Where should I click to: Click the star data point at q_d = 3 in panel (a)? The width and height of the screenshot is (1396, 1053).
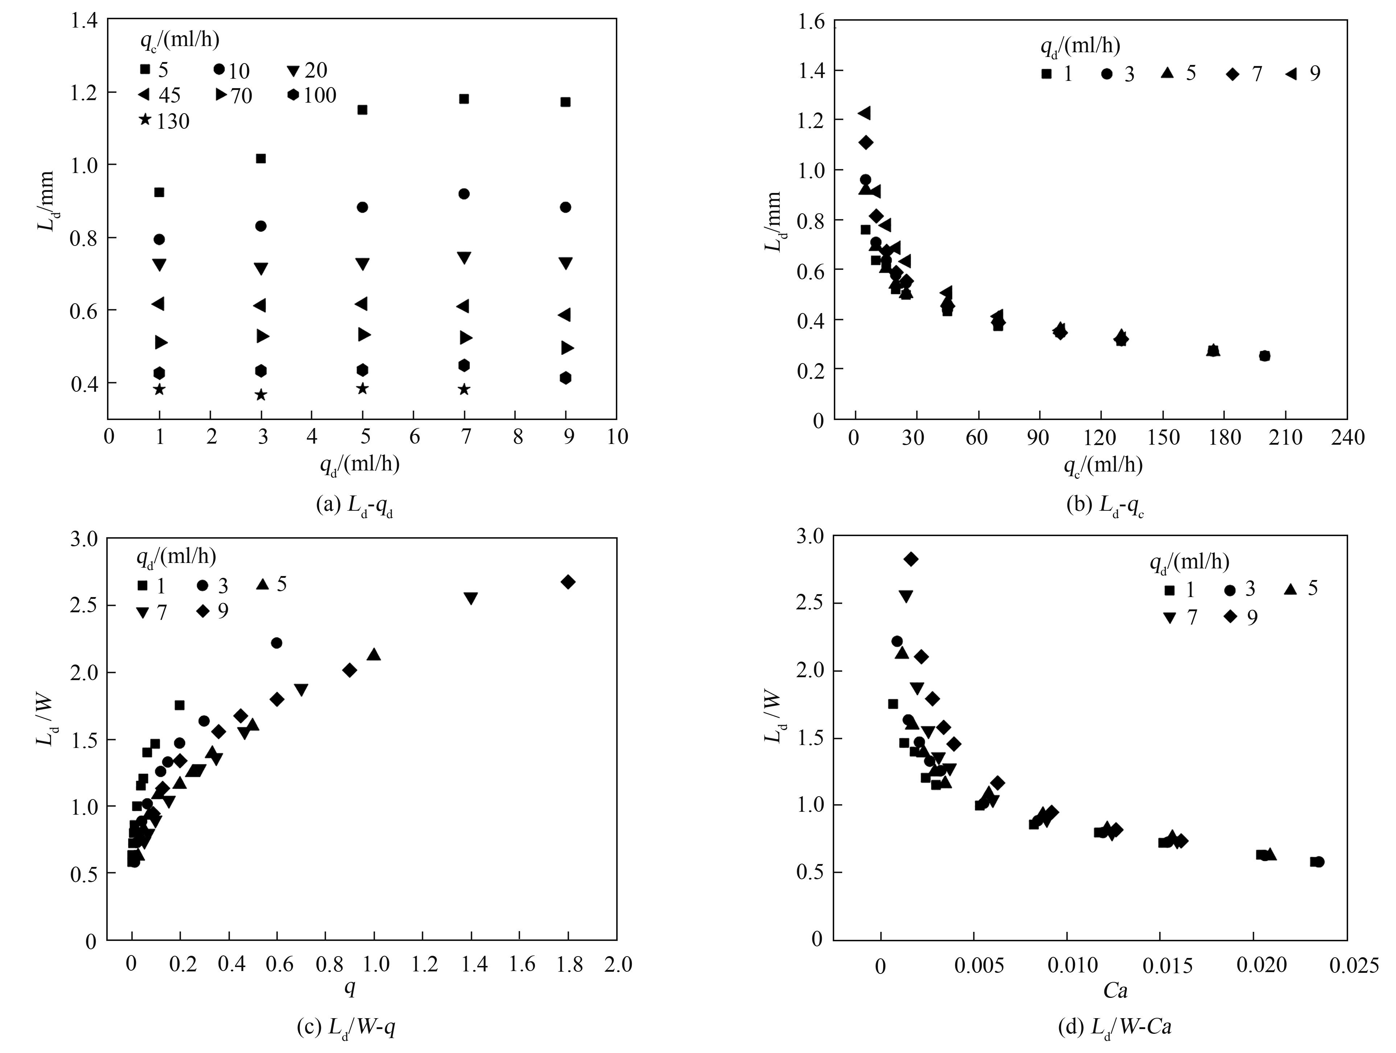261,395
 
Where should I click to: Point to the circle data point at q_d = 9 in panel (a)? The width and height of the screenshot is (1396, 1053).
565,207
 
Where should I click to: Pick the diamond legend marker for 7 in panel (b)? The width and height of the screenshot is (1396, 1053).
1232,74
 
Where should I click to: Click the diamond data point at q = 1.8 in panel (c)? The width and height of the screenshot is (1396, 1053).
568,582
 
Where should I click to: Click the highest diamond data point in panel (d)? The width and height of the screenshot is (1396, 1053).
911,559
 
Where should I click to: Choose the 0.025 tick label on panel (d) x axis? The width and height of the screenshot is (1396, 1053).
1354,967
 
